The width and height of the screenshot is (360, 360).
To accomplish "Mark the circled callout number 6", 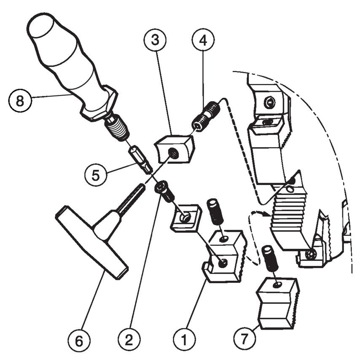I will (79, 340).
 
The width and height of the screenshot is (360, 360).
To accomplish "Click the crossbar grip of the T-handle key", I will (91, 242).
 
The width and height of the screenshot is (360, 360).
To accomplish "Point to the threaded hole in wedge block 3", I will (173, 154).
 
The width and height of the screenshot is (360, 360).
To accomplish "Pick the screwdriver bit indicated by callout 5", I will (139, 159).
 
